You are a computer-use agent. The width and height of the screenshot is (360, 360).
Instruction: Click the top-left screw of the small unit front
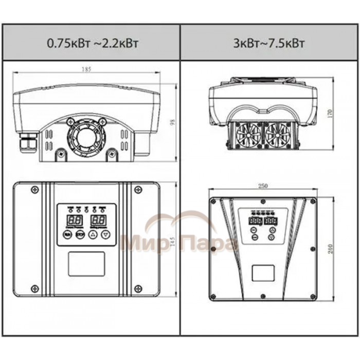tap(34, 189)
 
